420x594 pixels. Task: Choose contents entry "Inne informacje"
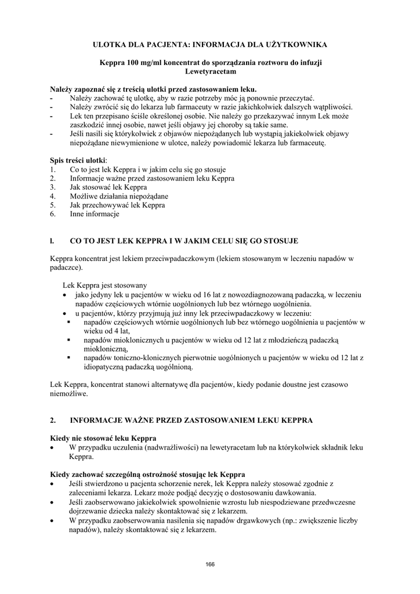pos(95,214)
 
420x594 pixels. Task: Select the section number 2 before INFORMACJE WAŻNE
pos(53,419)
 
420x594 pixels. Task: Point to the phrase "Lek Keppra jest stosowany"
pos(105,285)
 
